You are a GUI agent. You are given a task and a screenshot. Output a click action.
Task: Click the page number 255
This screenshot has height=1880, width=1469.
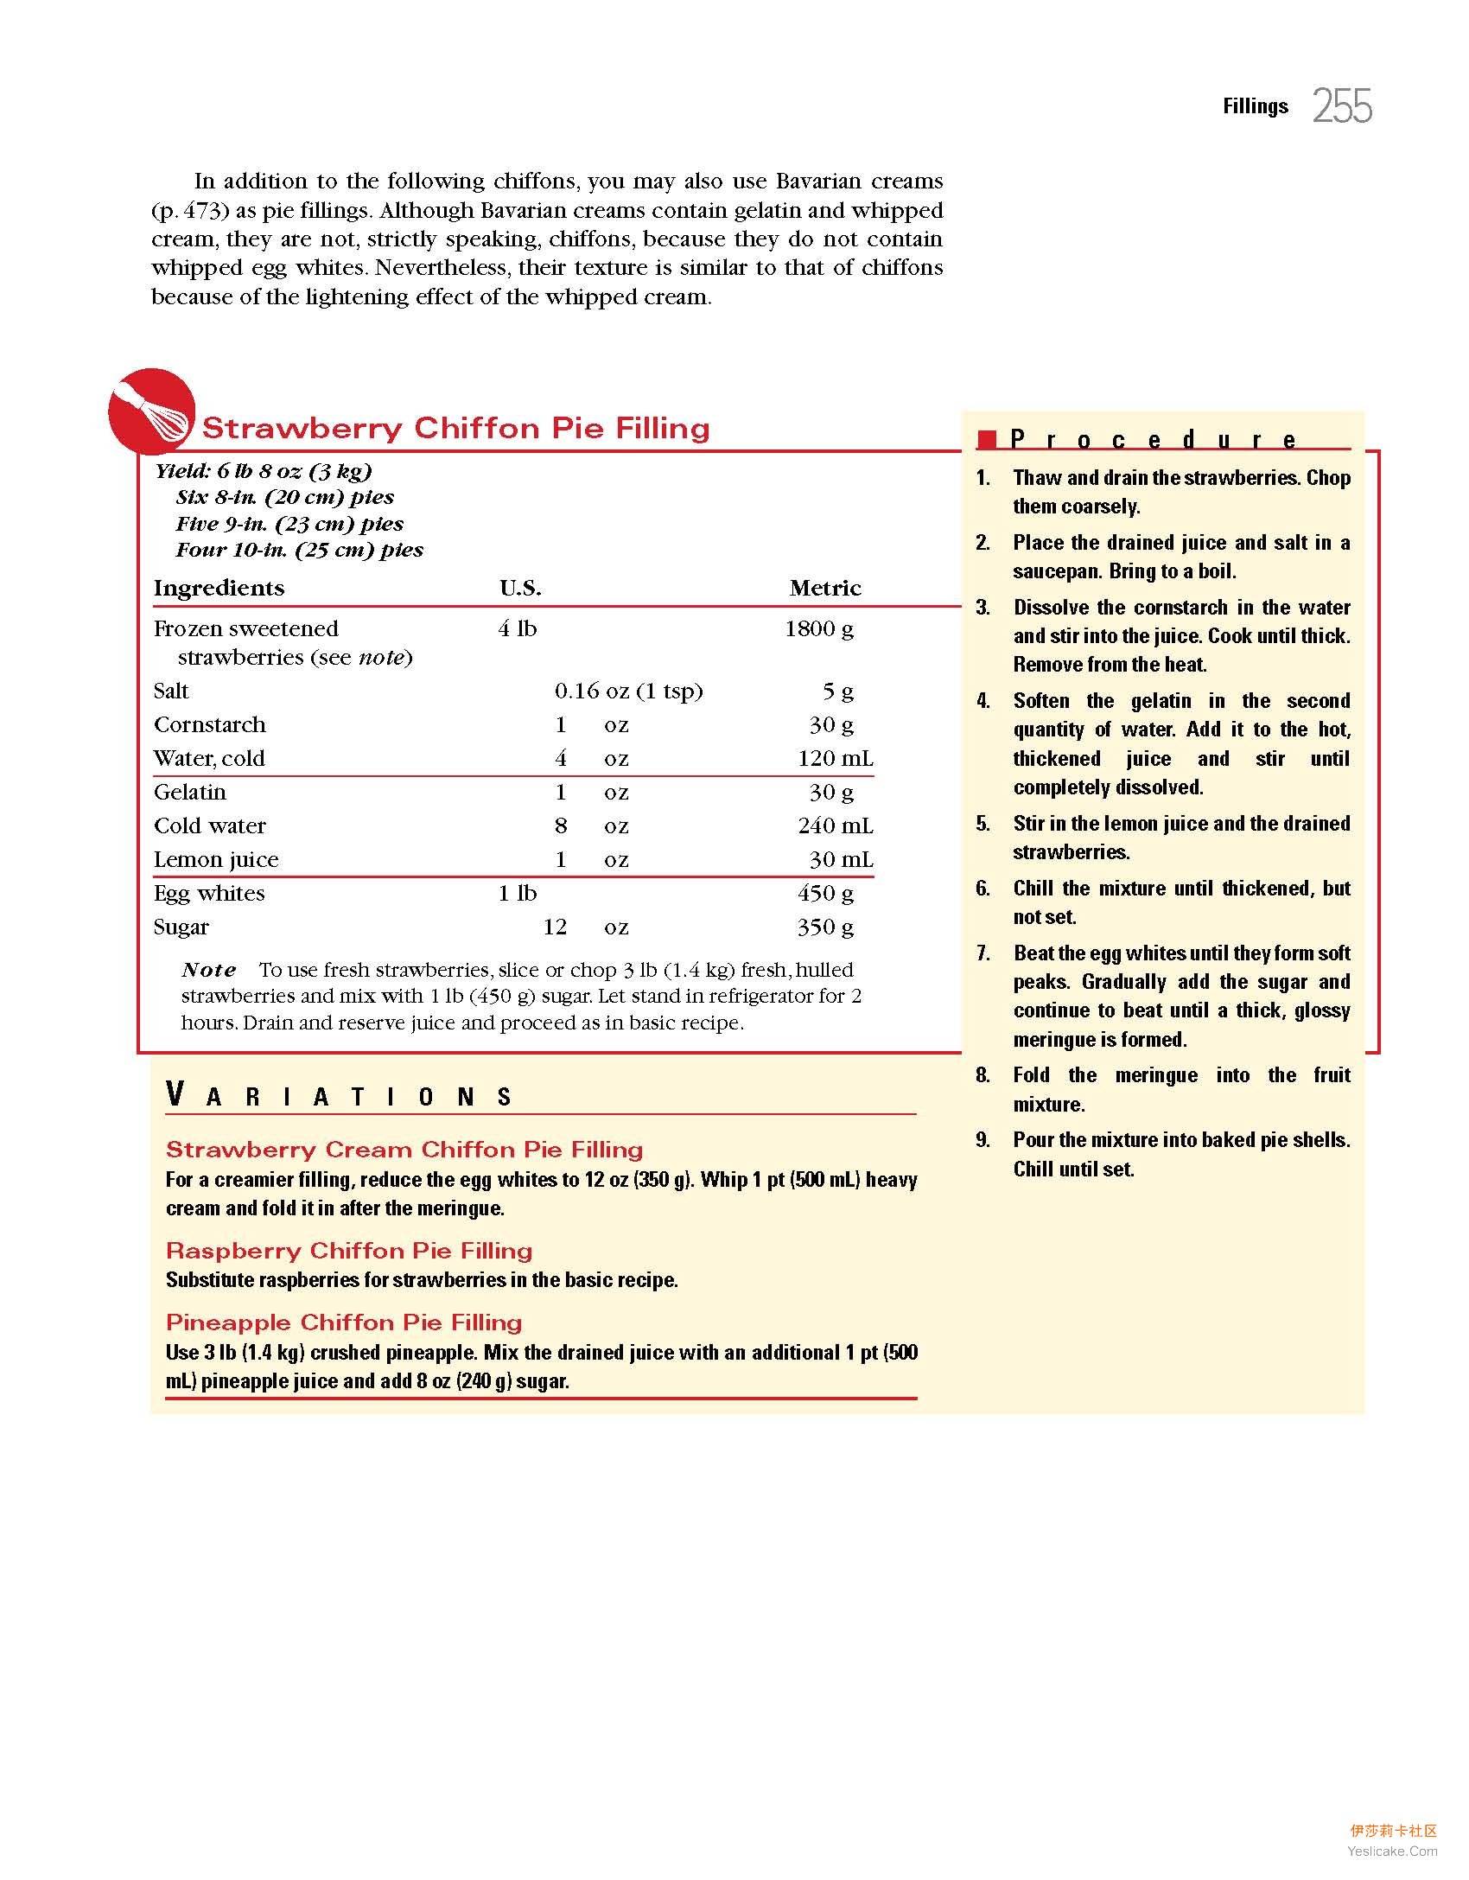coord(1342,106)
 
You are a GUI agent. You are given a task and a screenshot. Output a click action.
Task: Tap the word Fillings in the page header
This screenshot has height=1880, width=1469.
coord(1255,106)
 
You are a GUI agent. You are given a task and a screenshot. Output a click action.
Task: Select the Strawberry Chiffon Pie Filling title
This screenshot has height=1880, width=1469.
coord(455,428)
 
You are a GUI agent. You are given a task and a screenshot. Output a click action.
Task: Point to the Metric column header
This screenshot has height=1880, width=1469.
coord(825,588)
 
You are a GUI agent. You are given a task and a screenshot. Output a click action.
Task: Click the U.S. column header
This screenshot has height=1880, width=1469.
coord(520,588)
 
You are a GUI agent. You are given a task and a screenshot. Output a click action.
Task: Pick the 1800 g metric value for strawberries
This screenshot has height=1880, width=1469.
coord(819,628)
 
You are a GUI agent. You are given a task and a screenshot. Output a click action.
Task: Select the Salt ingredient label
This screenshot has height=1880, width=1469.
coord(171,691)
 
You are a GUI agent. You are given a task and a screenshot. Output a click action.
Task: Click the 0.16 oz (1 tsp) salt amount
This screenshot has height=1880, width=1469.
coord(628,691)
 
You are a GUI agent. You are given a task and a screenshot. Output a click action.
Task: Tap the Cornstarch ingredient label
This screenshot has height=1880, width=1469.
coord(210,724)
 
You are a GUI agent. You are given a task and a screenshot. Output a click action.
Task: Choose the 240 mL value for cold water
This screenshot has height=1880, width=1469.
coord(836,825)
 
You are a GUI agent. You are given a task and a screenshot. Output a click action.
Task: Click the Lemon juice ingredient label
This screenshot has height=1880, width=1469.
coord(216,859)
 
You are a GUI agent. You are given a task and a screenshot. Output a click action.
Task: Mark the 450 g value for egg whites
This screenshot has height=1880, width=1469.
coord(825,893)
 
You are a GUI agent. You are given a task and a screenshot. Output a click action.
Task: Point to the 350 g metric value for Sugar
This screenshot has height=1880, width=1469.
coord(825,927)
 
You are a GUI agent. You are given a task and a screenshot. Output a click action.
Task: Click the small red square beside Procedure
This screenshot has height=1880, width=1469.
coord(987,439)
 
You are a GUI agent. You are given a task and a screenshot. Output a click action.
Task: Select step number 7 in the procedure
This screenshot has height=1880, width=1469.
coord(983,953)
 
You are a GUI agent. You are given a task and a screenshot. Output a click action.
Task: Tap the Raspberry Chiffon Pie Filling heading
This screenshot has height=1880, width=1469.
coord(349,1251)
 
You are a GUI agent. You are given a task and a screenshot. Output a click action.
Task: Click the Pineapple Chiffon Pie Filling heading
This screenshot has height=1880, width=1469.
coord(344,1322)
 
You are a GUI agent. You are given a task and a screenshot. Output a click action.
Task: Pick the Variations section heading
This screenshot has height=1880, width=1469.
coord(340,1096)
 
